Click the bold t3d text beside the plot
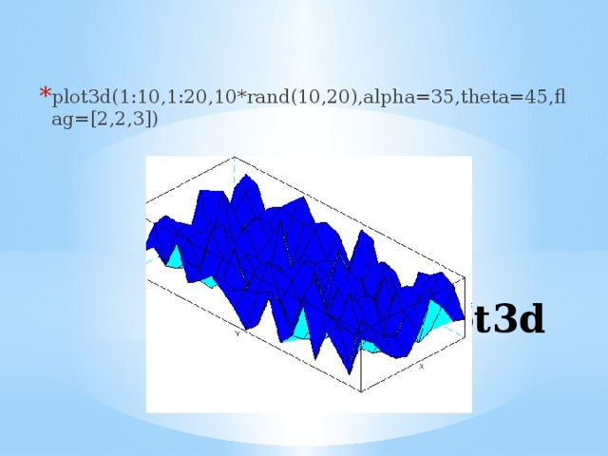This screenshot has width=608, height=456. pyautogui.click(x=508, y=320)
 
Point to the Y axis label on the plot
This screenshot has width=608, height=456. pyautogui.click(x=237, y=333)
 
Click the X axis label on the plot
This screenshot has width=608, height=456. pyautogui.click(x=421, y=365)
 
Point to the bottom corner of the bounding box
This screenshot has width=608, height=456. pyautogui.click(x=361, y=389)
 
